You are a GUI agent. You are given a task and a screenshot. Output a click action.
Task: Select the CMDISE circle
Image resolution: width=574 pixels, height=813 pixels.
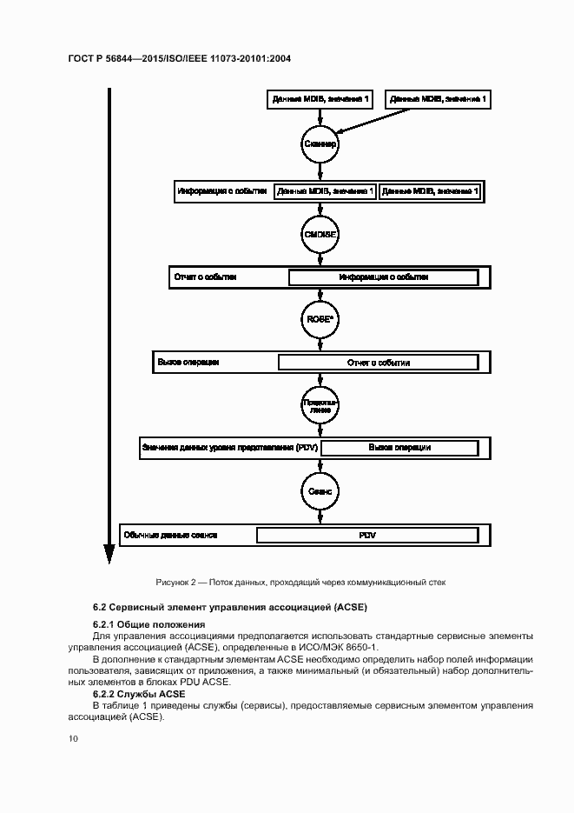tap(319, 234)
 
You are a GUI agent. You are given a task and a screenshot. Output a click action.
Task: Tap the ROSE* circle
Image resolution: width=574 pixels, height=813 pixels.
tap(319, 319)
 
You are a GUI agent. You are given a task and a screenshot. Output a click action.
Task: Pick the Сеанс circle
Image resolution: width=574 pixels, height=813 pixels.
tap(319, 490)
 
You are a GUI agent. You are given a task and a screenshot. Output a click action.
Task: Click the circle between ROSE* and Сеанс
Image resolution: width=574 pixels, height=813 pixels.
tap(319, 405)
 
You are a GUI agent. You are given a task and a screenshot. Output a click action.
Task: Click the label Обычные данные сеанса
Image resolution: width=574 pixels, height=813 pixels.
tap(170, 535)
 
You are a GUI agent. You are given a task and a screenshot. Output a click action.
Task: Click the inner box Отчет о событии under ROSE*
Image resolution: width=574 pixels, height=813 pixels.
tap(378, 363)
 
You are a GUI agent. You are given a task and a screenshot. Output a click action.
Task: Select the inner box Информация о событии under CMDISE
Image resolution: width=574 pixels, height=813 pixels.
tap(383, 277)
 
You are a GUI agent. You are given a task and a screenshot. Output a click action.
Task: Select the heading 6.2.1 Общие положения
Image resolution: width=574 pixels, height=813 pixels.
tap(148, 624)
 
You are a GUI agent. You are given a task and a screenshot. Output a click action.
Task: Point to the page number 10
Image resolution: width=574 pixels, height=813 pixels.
tap(73, 738)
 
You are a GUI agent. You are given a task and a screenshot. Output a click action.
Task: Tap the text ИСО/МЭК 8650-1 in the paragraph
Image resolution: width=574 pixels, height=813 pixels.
tap(342, 648)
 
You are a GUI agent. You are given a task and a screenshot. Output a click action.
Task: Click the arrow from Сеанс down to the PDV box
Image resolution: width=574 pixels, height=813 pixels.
tap(319, 514)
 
